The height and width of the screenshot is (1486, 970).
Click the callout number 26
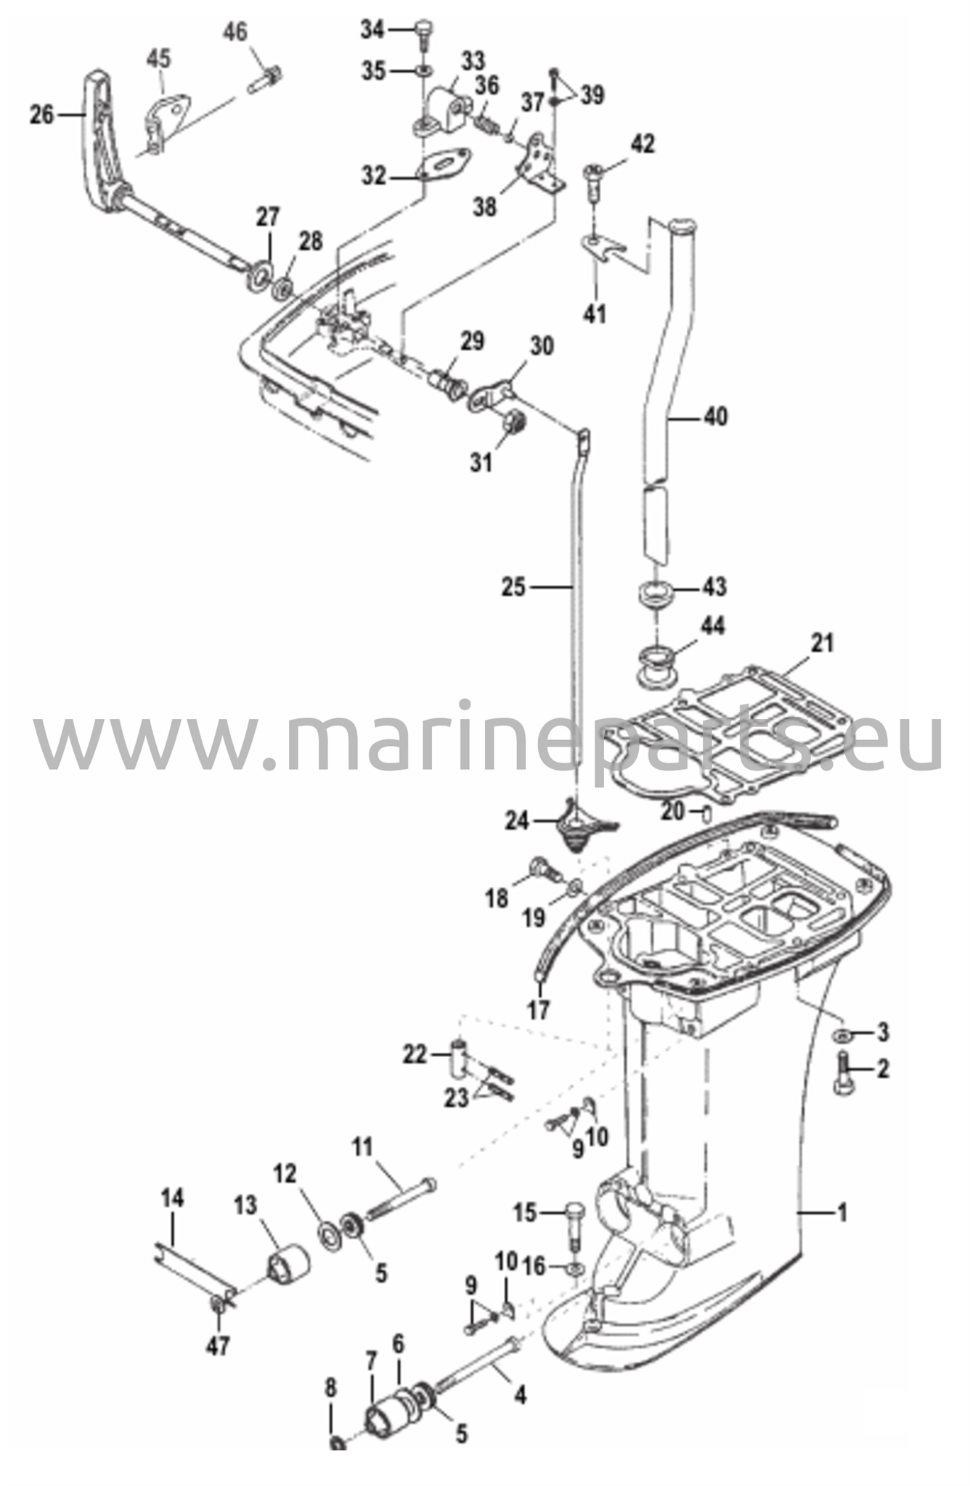tap(41, 114)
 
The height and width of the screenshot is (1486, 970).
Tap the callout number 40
tap(715, 416)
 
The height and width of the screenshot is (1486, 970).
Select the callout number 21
tap(822, 643)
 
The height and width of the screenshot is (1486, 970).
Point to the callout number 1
tap(842, 1212)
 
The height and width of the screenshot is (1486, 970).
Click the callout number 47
tap(218, 1347)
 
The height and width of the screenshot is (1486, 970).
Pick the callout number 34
tap(373, 30)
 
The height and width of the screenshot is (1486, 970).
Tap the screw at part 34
tap(423, 35)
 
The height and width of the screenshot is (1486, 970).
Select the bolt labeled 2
tap(845, 1074)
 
